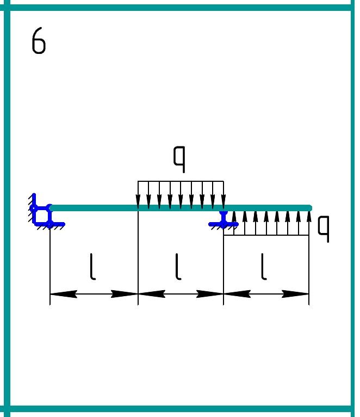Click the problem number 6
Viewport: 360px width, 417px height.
(x=39, y=41)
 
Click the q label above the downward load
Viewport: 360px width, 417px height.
(x=179, y=157)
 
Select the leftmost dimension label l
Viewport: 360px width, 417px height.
(x=93, y=267)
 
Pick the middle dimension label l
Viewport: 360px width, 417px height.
(x=178, y=267)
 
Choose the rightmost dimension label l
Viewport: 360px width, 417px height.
(x=264, y=267)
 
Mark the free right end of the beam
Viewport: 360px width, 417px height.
(x=309, y=208)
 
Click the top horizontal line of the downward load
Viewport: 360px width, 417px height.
(x=181, y=181)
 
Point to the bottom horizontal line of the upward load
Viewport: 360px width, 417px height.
(x=266, y=235)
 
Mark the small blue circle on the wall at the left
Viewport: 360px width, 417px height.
(x=34, y=208)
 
